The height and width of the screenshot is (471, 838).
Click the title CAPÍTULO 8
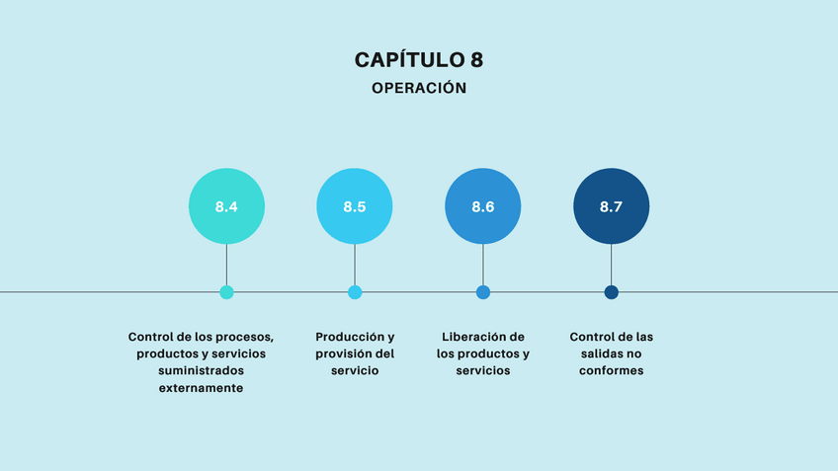point(419,59)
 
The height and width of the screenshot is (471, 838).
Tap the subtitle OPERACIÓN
point(419,88)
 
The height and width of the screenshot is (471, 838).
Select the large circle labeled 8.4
point(226,206)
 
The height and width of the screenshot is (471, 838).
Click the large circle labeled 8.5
point(355,206)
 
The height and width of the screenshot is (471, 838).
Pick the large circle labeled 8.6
point(483,206)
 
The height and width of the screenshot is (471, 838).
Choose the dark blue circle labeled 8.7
point(612,206)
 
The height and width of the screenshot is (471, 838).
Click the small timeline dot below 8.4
point(226,292)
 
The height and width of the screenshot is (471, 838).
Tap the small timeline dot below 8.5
point(355,292)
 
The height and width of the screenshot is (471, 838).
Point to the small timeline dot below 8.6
point(483,292)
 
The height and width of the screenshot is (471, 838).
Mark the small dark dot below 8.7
point(612,292)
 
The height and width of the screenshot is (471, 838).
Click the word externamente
point(202,388)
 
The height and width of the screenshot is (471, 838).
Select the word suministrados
point(202,371)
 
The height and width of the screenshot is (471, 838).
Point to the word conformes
point(612,371)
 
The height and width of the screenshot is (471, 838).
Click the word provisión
point(343,353)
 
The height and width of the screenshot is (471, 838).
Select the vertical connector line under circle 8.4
point(226,265)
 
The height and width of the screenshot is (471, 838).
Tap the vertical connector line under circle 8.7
point(612,265)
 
